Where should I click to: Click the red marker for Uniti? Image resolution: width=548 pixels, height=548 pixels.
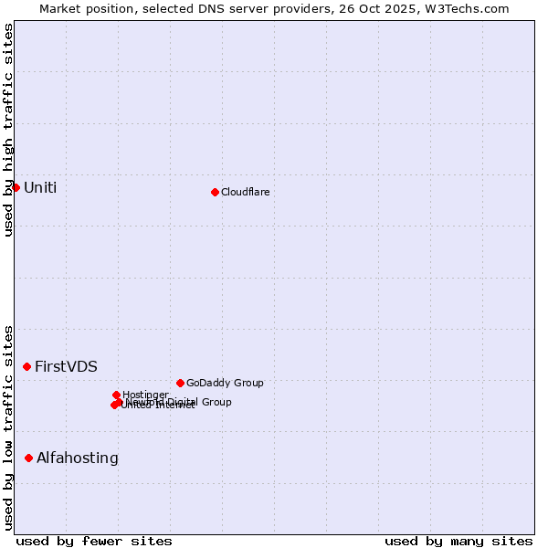point(16,187)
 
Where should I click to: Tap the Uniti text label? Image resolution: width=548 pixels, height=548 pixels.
point(40,188)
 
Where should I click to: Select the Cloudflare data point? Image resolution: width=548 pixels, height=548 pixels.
point(215,192)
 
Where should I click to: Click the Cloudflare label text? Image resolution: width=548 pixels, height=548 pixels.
point(245,193)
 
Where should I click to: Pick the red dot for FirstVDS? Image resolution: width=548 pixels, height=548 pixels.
point(27,366)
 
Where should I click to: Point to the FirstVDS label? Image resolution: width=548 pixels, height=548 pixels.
point(66,367)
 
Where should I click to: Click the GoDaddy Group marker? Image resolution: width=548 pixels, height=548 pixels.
point(180,383)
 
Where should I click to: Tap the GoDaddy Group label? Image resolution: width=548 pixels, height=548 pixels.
point(225,384)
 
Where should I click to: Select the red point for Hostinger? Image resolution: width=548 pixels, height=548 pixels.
point(116,395)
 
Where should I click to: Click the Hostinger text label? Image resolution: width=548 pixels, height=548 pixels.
point(146,395)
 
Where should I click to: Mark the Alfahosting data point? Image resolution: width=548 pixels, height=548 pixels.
point(29,458)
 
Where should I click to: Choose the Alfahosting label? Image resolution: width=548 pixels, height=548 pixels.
point(78,458)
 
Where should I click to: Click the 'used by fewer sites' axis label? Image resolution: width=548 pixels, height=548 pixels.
point(94,541)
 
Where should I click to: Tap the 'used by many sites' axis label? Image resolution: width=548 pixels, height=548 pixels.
point(458,541)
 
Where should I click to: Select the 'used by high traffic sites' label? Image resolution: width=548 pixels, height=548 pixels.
point(8,130)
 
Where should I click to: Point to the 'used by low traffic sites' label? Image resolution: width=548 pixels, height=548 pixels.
point(8,427)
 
